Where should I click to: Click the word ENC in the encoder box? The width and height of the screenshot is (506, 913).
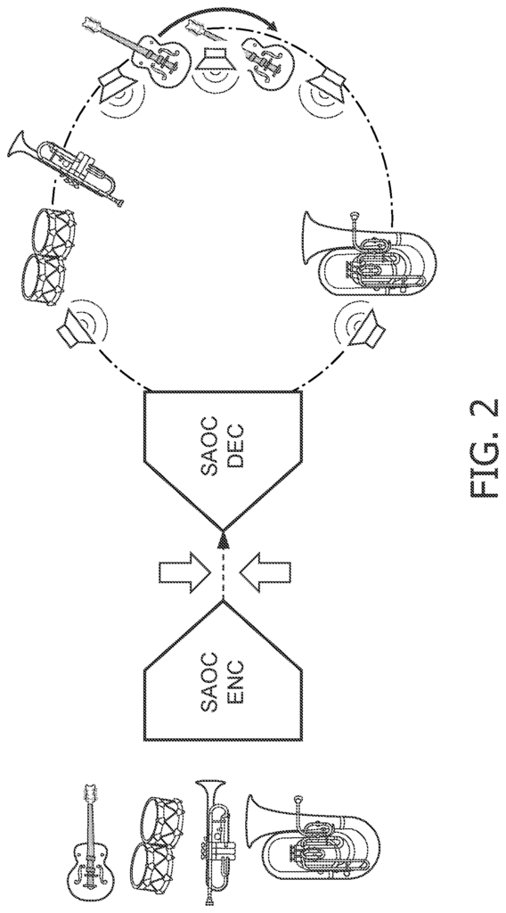point(235,683)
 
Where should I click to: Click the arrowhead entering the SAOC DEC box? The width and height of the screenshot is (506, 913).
point(223,541)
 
